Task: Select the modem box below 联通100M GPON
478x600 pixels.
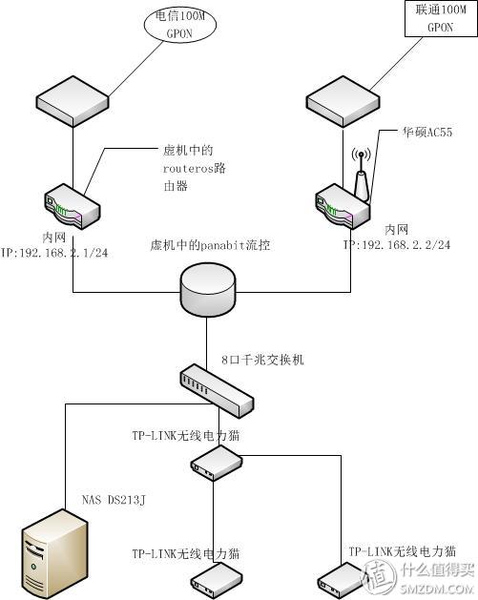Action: coord(344,99)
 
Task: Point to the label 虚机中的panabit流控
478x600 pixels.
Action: coord(211,245)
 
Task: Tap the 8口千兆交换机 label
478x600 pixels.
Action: coord(256,362)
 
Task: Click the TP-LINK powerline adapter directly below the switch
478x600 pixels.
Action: coord(215,464)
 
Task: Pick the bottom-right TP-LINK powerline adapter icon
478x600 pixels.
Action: coord(343,578)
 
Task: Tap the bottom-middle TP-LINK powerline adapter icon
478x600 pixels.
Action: coord(216,578)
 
